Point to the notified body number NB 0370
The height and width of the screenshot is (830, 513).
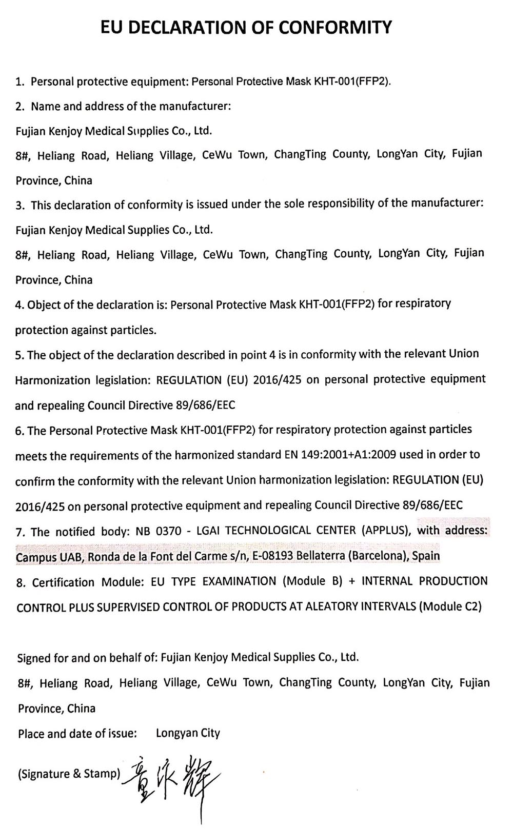coord(158,531)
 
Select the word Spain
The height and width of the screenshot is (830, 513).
coord(426,556)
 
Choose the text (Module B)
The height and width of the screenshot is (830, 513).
coord(314,581)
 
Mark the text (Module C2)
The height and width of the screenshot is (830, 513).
coord(450,606)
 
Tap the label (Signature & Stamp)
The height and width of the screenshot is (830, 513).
coord(69,774)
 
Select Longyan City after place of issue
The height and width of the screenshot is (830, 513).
coord(188,733)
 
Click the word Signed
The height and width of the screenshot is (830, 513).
coord(34,658)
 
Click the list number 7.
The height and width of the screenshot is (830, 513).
coord(19,532)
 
